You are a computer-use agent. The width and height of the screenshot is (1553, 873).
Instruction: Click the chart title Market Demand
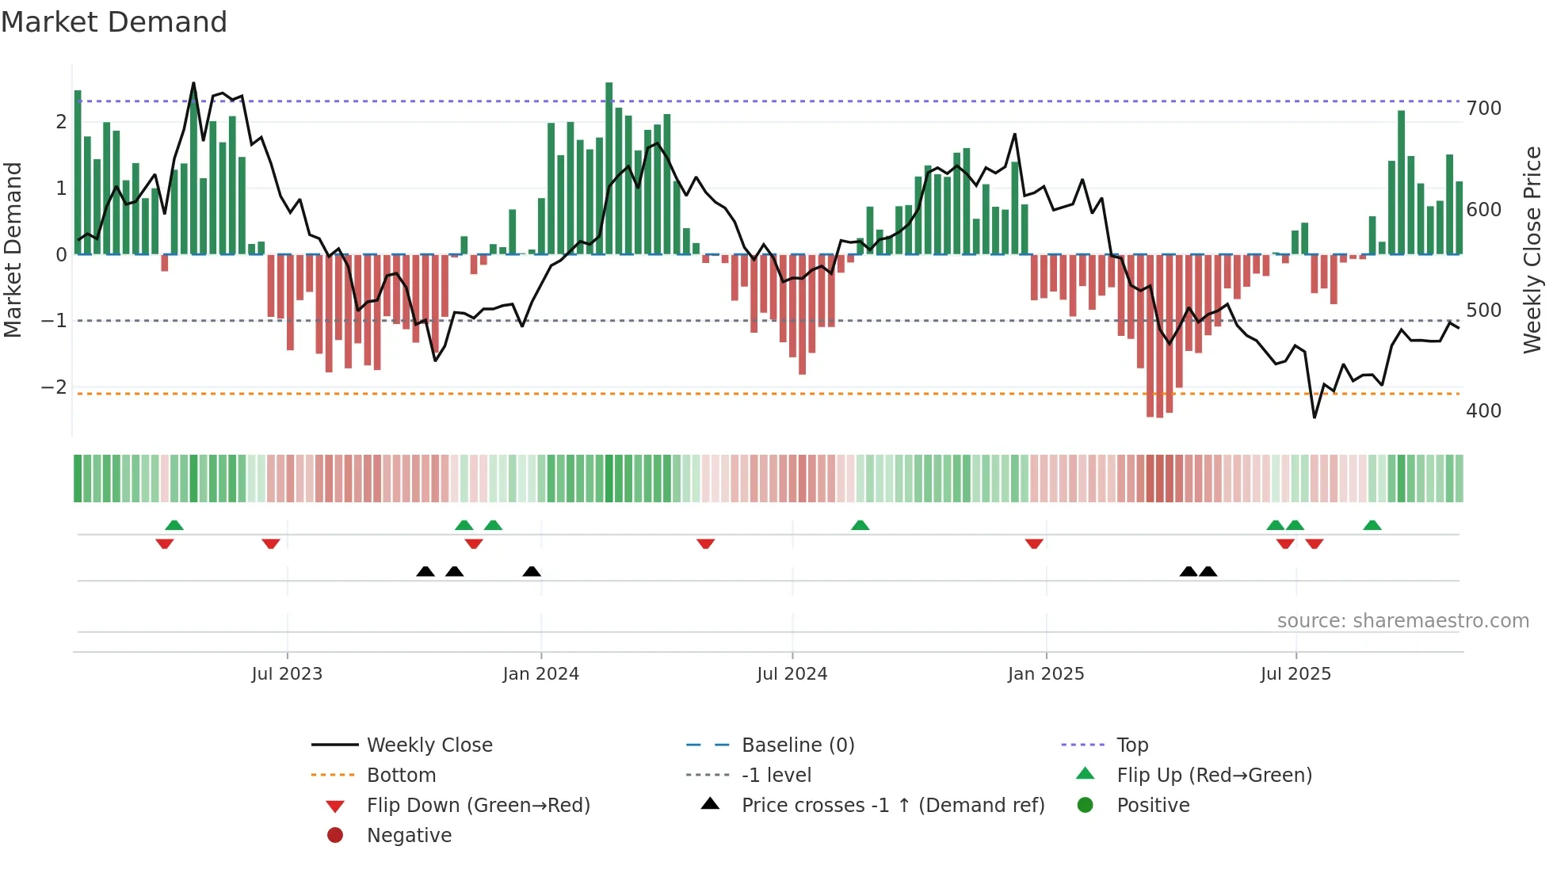114,22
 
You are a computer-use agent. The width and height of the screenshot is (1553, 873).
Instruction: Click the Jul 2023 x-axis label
287,674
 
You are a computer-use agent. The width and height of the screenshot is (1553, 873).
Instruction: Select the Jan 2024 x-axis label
540,674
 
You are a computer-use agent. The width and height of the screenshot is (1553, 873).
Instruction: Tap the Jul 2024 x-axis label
792,674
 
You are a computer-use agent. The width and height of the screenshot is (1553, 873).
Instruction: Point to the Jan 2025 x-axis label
1045,674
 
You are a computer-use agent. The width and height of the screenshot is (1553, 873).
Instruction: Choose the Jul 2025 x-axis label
1295,674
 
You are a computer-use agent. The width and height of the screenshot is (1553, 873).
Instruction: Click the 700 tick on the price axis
1483,109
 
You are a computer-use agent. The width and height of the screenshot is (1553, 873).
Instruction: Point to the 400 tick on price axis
1483,411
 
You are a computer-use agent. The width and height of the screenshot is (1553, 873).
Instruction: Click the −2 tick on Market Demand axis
54,387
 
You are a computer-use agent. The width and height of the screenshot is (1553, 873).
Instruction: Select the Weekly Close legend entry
429,745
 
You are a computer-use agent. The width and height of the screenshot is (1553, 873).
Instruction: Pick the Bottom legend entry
401,776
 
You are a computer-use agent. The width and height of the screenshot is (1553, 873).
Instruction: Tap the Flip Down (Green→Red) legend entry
478,806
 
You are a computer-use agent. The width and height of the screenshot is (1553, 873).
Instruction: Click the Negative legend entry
409,836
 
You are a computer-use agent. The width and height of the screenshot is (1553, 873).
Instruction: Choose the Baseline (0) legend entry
797,745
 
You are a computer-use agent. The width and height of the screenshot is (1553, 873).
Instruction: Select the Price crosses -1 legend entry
892,806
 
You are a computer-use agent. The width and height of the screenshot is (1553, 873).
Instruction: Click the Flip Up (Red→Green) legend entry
1214,776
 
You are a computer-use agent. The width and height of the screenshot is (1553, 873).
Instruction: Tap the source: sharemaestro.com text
1402,621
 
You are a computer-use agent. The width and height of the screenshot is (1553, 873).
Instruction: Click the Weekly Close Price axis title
1532,250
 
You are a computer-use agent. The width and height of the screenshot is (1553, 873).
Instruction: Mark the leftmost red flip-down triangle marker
165,544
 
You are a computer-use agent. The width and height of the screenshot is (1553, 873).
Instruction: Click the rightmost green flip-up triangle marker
1372,525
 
